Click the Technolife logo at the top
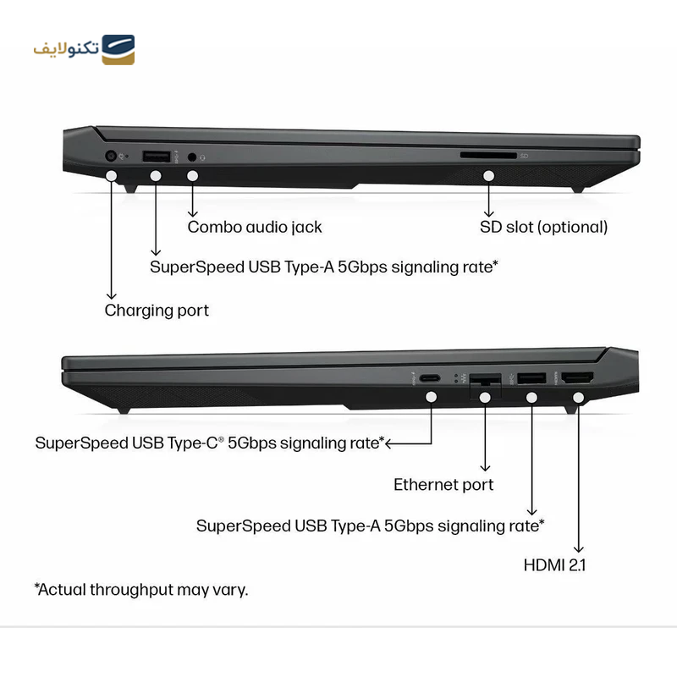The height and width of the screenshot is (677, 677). point(84,50)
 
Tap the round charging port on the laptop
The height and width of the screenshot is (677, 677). point(111,156)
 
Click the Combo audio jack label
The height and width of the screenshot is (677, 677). point(255,227)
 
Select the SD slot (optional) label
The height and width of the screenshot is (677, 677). point(543,227)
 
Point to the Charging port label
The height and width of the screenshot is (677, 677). point(157,310)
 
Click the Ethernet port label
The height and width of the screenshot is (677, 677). point(443,485)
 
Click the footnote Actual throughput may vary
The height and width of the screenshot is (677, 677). point(141,590)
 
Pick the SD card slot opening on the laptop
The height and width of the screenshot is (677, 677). point(487,156)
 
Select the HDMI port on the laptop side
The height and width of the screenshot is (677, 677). point(578,378)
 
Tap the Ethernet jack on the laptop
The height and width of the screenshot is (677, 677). point(485,380)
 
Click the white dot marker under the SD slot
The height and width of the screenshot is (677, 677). point(488,176)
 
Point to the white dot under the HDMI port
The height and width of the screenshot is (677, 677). point(579,397)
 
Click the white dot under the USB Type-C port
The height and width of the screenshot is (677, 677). point(432,397)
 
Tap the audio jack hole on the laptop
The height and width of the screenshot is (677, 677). point(193,157)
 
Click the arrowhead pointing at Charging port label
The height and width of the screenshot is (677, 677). point(112,294)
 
